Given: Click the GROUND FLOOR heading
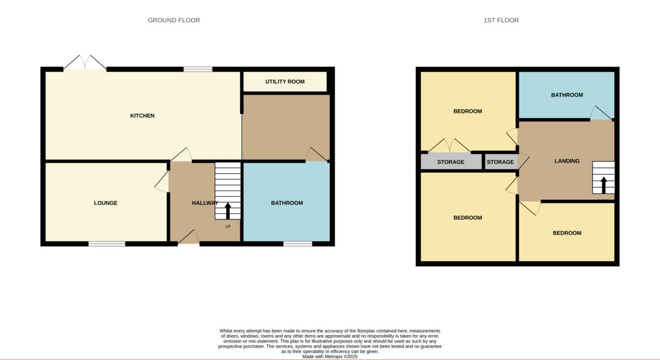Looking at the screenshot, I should (x=174, y=20).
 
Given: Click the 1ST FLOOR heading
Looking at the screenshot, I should (x=501, y=20).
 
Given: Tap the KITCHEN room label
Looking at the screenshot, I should (x=142, y=115).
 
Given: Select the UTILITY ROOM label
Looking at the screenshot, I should (x=285, y=82).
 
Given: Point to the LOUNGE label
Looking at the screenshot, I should (x=106, y=203).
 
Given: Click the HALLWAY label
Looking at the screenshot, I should (x=205, y=203).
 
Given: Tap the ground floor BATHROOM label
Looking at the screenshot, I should (x=287, y=203).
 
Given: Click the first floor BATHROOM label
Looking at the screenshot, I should (x=566, y=95).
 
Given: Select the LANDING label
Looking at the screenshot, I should (x=566, y=161).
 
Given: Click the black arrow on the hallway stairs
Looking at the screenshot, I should (x=228, y=211).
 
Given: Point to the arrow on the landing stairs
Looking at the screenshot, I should (x=603, y=185).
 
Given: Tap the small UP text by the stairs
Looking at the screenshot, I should (x=228, y=226).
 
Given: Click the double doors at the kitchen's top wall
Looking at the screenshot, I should (x=85, y=64).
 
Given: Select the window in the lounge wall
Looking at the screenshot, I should (x=107, y=243).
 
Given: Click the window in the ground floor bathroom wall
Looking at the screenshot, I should (x=298, y=243).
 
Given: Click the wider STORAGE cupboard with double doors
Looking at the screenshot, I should (x=450, y=162).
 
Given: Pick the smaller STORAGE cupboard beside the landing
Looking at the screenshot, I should (x=500, y=162).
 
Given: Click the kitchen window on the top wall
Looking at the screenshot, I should (x=197, y=69).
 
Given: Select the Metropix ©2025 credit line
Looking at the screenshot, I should (x=330, y=356).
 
